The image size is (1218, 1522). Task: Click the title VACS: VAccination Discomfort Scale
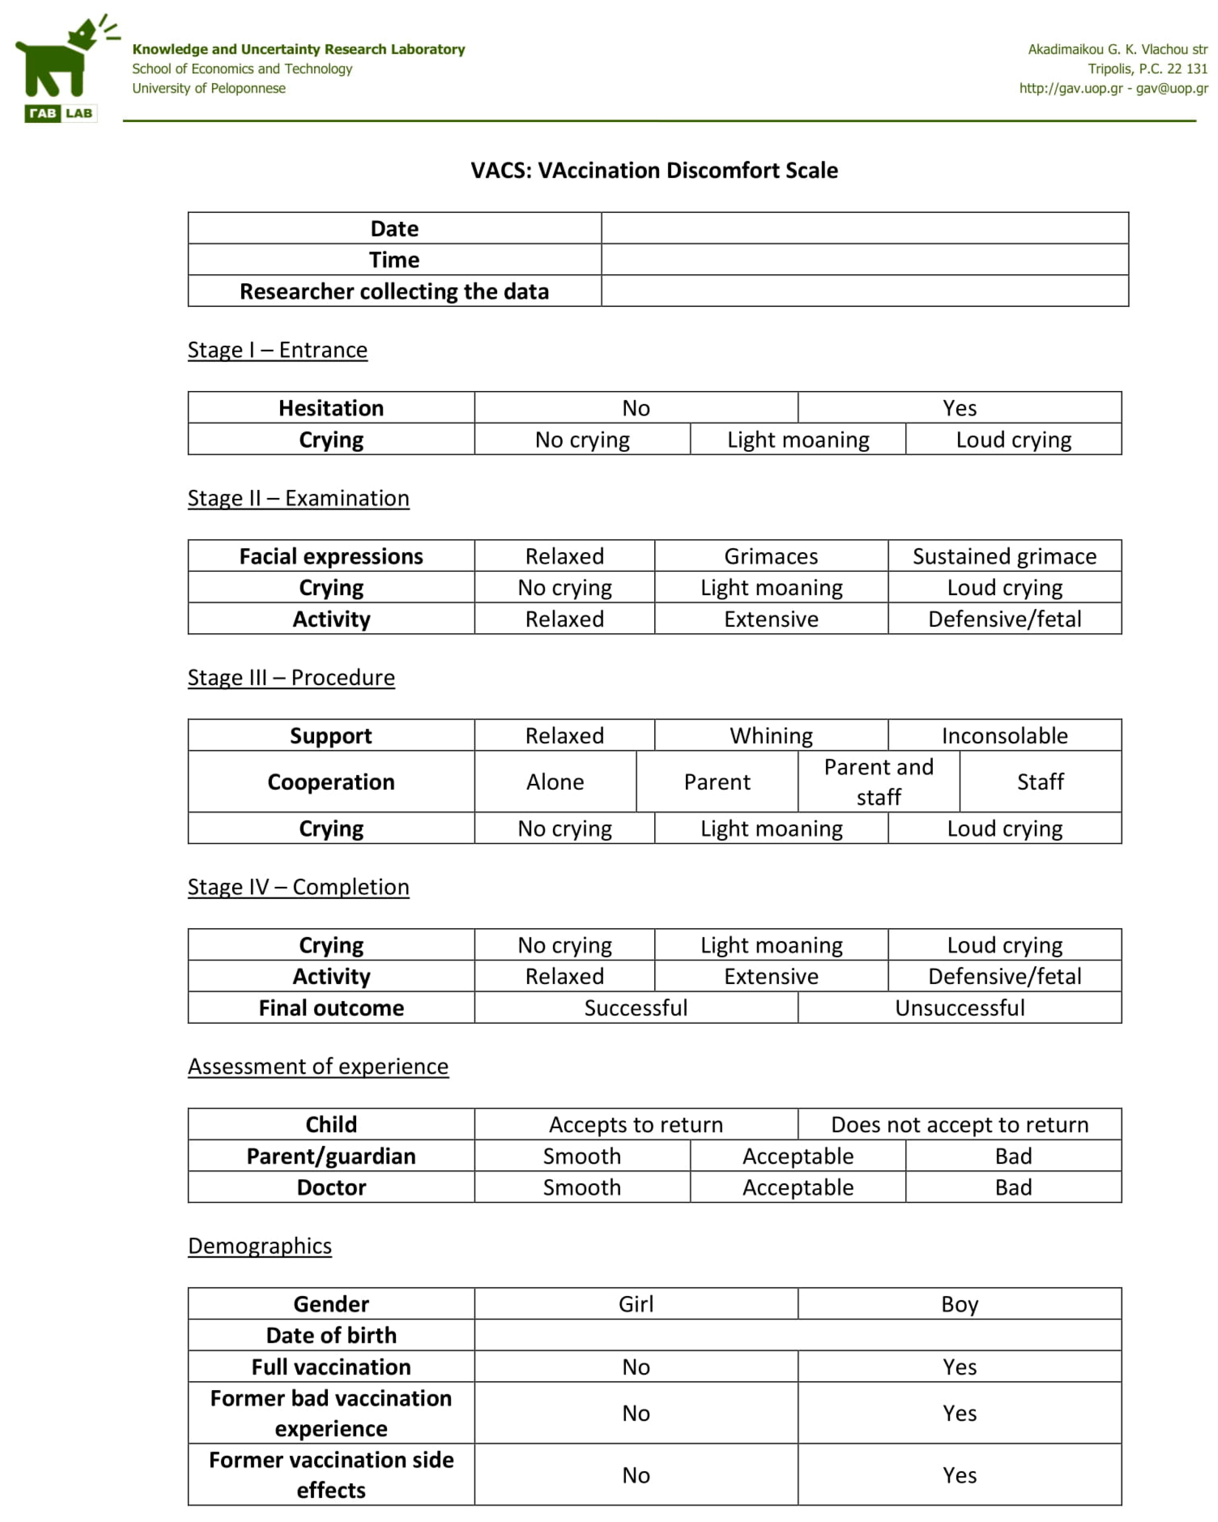click(x=654, y=170)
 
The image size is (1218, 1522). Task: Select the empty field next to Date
click(x=864, y=228)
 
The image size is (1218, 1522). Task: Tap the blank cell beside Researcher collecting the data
click(x=864, y=291)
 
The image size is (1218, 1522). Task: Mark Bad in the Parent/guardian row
click(x=1013, y=1155)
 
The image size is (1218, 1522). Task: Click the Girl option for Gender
click(x=635, y=1303)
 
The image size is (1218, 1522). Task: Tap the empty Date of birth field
click(x=797, y=1334)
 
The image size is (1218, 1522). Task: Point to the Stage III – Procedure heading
click(x=291, y=677)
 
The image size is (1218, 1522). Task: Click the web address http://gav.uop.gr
click(x=1070, y=88)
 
